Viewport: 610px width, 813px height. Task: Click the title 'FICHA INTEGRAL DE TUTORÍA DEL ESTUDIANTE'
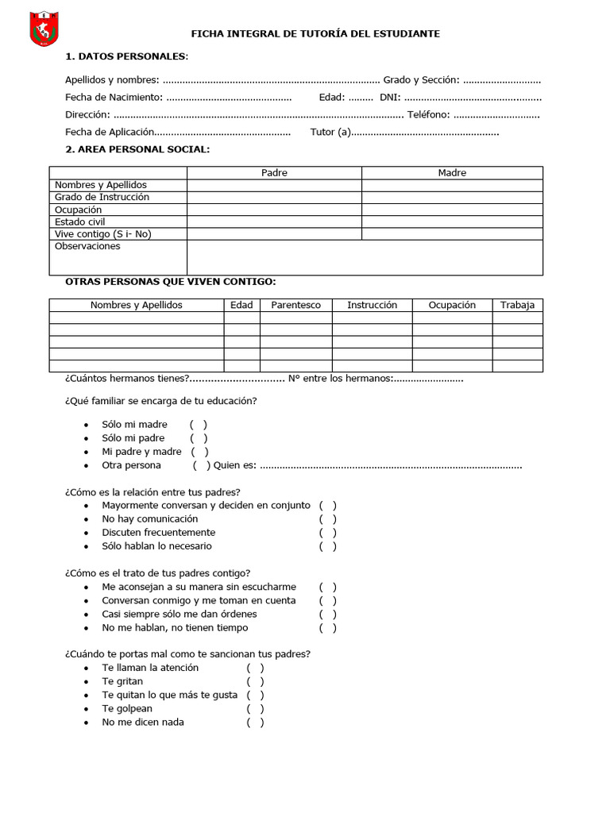[315, 34]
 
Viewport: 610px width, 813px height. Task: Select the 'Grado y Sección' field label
[421, 80]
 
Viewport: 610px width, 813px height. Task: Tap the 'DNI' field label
[389, 98]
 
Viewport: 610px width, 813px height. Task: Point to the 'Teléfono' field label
[428, 115]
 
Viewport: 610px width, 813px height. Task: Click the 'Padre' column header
[274, 173]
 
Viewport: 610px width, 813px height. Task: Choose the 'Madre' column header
[452, 173]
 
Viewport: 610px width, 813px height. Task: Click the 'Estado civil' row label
[79, 222]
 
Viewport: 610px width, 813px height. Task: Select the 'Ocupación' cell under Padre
[274, 210]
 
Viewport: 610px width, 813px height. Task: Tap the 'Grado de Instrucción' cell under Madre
[452, 197]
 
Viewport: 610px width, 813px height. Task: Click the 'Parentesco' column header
[295, 305]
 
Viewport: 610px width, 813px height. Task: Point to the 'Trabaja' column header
[517, 305]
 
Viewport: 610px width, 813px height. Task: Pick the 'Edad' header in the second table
[241, 305]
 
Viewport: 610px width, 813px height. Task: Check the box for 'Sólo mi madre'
[199, 425]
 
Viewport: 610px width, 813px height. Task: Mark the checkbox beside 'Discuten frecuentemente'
[328, 533]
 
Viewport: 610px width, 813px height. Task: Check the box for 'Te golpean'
[255, 709]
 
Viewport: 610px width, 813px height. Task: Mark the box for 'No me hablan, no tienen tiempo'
[328, 628]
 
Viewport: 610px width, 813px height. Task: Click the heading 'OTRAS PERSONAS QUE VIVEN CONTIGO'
[170, 282]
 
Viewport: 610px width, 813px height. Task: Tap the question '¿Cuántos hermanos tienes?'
[127, 379]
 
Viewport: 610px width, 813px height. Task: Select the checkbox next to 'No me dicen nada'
[255, 722]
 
